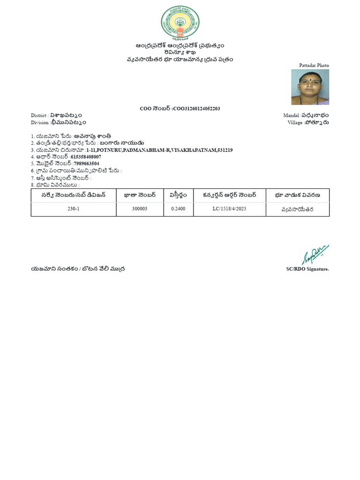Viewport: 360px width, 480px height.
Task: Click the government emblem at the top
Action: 180,22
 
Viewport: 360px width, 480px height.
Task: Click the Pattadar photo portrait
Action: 310,87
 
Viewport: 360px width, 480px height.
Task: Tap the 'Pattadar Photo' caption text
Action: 314,66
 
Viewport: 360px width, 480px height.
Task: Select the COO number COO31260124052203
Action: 196,109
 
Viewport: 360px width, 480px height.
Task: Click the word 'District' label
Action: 39,115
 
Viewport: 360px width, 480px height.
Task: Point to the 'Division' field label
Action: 39,122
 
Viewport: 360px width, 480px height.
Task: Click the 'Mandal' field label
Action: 291,115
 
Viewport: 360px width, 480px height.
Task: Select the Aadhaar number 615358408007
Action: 86,157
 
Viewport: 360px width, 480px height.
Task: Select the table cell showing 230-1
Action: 74,209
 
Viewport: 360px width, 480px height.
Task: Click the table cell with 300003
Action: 140,209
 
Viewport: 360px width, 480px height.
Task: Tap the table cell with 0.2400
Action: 178,209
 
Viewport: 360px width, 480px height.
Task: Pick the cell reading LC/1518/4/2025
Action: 229,209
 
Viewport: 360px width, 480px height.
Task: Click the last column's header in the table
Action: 297,195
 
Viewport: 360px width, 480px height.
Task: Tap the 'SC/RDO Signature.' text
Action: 307,269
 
